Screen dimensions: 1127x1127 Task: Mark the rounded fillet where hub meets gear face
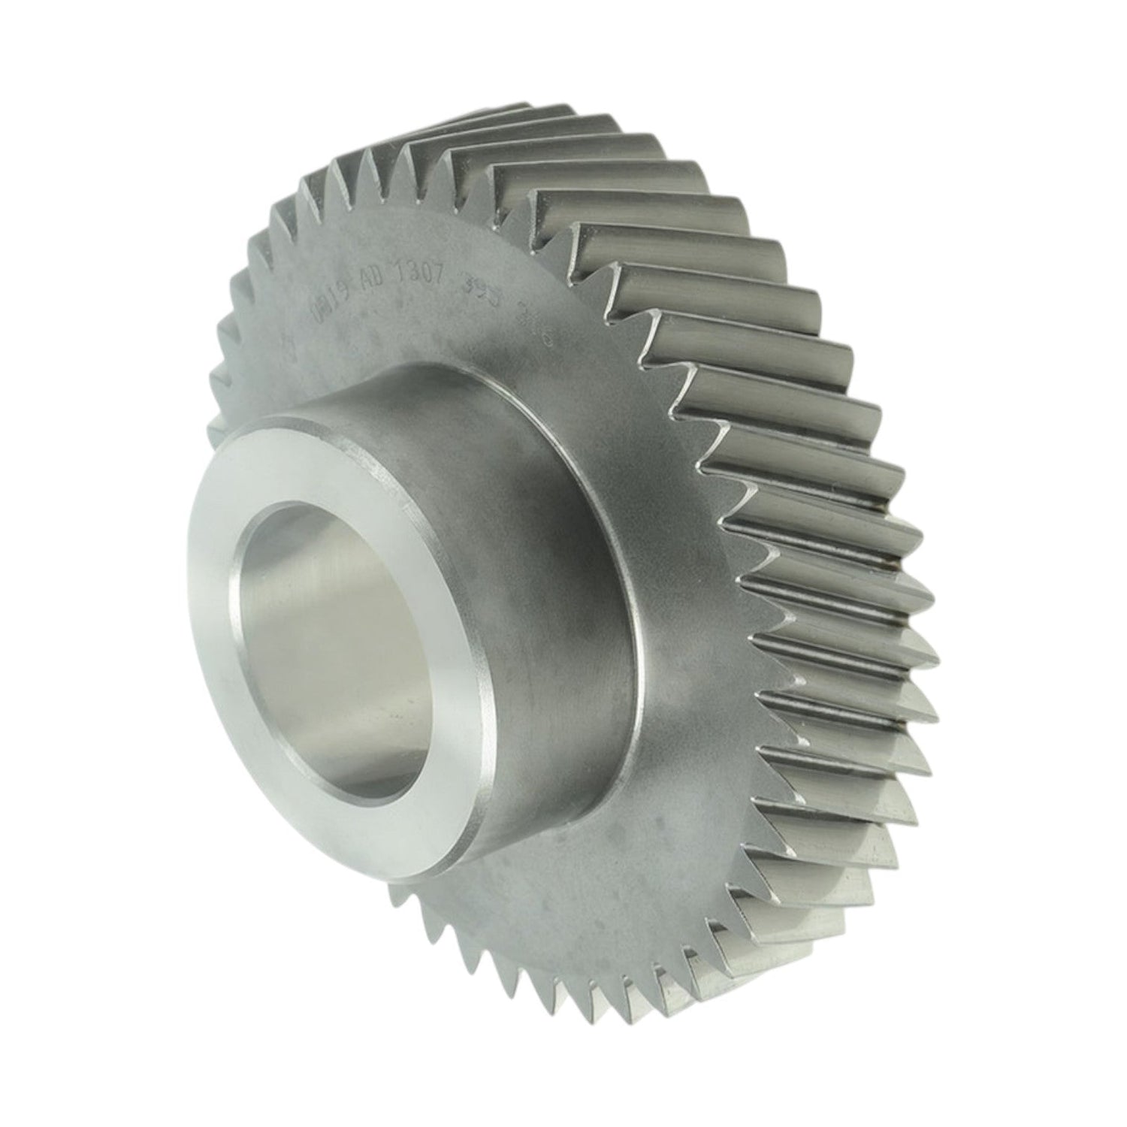pos(639,601)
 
